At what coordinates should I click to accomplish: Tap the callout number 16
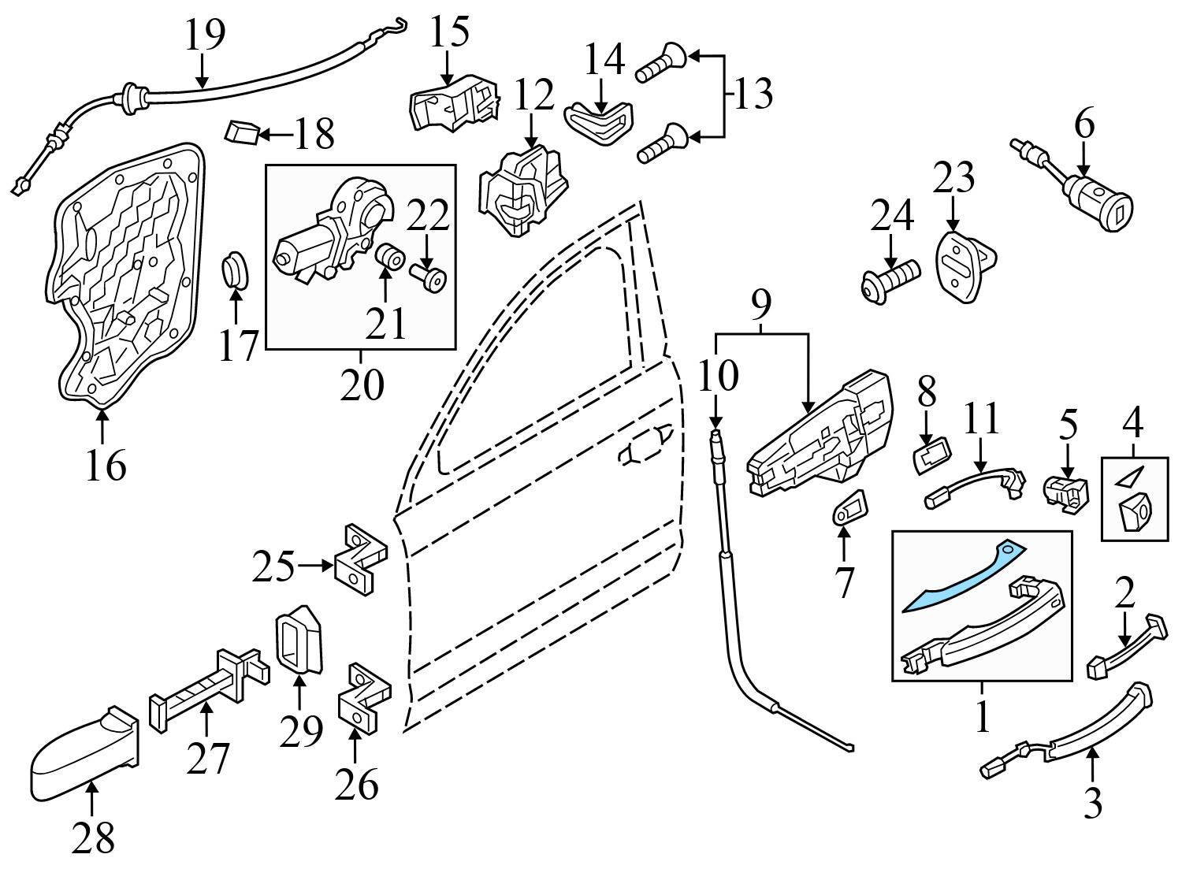click(106, 466)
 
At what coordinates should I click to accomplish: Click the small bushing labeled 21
click(389, 258)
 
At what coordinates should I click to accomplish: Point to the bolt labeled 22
click(429, 278)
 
